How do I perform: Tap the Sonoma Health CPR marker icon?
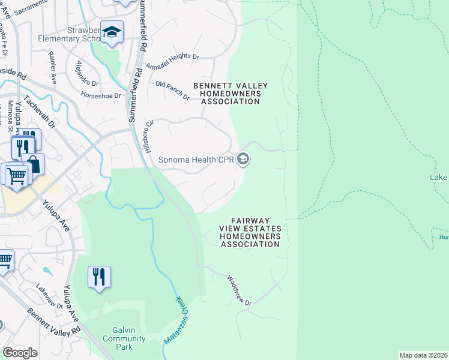click(243, 160)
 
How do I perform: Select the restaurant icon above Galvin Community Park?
click(99, 277)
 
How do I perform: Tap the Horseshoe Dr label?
click(101, 95)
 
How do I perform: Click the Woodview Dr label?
click(239, 291)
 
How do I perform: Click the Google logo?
click(20, 352)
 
